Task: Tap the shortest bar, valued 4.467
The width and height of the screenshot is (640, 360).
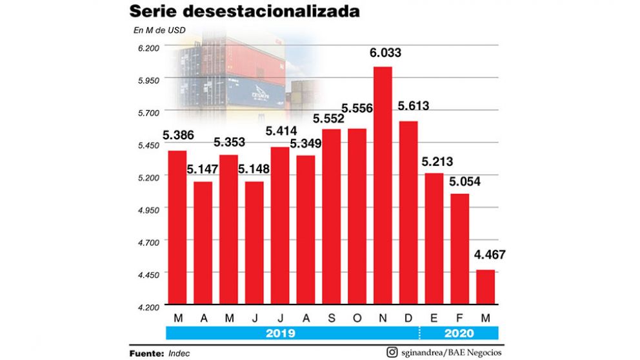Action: click(485, 287)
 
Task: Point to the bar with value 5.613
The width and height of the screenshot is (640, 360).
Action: click(408, 212)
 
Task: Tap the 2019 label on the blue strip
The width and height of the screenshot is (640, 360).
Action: click(281, 334)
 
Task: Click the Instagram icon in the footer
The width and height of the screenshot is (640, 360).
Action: click(392, 352)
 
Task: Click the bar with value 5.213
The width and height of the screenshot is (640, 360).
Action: click(434, 239)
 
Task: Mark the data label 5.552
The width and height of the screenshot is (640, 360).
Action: click(331, 118)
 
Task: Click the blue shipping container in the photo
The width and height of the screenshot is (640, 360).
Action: click(255, 94)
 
